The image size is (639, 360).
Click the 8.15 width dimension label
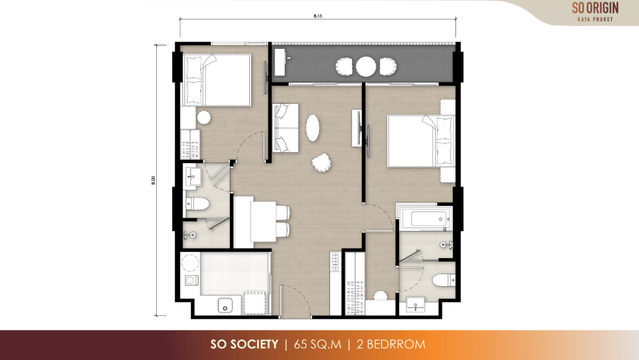pyautogui.click(x=318, y=16)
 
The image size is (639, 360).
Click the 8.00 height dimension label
pyautogui.click(x=153, y=180)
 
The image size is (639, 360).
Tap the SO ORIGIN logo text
pyautogui.click(x=595, y=8)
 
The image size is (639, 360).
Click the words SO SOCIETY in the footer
pyautogui.click(x=244, y=345)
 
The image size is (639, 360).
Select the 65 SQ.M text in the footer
pyautogui.click(x=318, y=345)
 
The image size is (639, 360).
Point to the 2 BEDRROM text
pyautogui.click(x=391, y=345)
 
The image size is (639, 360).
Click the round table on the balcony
pyautogui.click(x=366, y=67)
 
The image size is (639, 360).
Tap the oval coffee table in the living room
pyautogui.click(x=312, y=128)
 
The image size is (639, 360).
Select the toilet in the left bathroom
pyautogui.click(x=197, y=204)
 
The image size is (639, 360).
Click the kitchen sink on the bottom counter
pyautogui.click(x=225, y=305)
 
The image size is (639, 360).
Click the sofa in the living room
pyautogui.click(x=285, y=128)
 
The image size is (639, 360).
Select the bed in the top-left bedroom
pyautogui.click(x=217, y=80)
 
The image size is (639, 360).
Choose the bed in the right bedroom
pyautogui.click(x=421, y=141)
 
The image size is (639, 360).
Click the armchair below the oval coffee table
pyautogui.click(x=322, y=163)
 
